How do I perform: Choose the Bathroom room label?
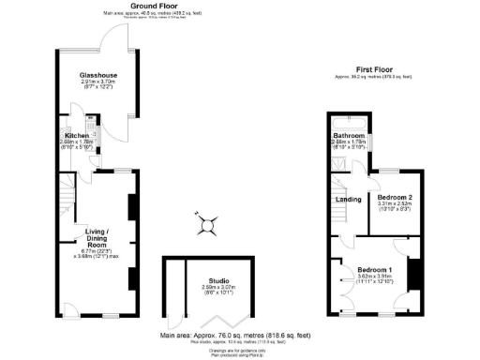point(348,136)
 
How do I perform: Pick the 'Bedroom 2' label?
point(395,198)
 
